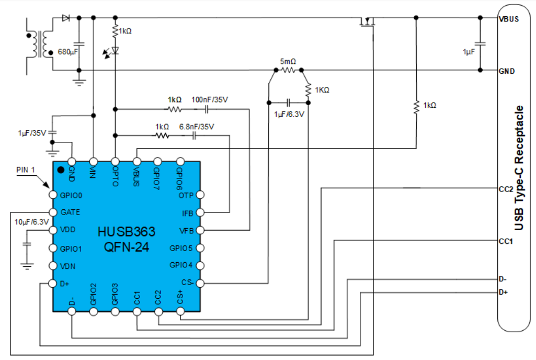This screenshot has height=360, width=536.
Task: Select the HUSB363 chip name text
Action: coord(127,232)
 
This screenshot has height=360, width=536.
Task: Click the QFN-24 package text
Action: coord(127,246)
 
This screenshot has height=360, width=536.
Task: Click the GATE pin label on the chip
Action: coord(70,212)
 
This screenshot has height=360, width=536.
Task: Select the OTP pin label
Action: coord(186,195)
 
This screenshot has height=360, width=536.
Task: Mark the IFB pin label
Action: coord(187,213)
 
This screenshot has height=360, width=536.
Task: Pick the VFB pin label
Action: coord(186,230)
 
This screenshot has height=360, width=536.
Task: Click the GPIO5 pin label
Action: coord(181,248)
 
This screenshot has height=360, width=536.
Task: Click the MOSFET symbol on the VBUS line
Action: coord(368,22)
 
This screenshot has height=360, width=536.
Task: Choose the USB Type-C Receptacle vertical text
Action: coord(519,168)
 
